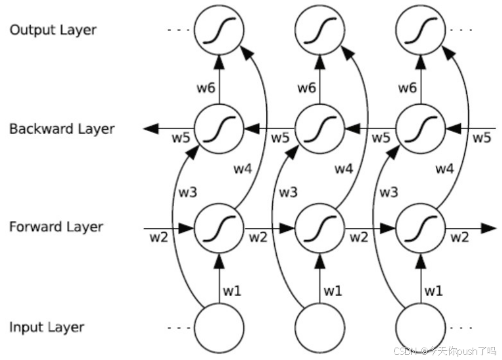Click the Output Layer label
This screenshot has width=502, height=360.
pos(53,30)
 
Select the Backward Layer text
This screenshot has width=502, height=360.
pos(62,129)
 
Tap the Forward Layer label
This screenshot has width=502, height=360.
pos(56,227)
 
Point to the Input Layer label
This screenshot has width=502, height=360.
pos(47,327)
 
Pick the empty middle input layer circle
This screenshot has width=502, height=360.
pos(320,327)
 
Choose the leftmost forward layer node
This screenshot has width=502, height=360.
pos(219,228)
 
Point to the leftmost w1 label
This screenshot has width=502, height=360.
pos(232,289)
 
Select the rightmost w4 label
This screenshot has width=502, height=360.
pos(444,168)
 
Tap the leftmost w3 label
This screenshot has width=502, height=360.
pos(187,192)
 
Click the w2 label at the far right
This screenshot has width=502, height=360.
pos(459,237)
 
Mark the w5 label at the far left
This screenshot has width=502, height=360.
pos(180,138)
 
